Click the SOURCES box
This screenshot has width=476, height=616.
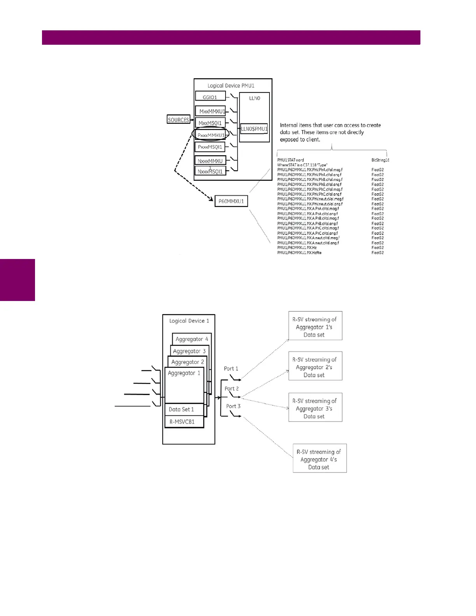(178, 120)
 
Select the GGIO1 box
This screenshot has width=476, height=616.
(210, 97)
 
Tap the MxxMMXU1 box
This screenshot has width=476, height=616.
(210, 111)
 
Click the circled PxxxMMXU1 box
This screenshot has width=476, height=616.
(210, 135)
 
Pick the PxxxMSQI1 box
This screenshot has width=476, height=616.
(210, 147)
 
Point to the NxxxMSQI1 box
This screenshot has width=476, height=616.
(210, 171)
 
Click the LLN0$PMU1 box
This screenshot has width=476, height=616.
(254, 129)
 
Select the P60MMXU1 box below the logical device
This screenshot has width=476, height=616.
(231, 201)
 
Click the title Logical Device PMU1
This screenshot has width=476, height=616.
(231, 86)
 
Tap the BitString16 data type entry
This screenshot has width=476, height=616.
(380, 160)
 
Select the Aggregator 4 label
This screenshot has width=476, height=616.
(192, 339)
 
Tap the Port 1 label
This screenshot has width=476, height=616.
(231, 368)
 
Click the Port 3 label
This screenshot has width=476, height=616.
(233, 406)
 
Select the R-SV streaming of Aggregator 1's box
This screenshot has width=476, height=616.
(315, 326)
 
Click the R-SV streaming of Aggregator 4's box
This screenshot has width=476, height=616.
(319, 458)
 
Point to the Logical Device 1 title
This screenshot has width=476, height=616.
(189, 321)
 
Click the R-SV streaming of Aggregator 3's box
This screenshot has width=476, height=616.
(315, 408)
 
